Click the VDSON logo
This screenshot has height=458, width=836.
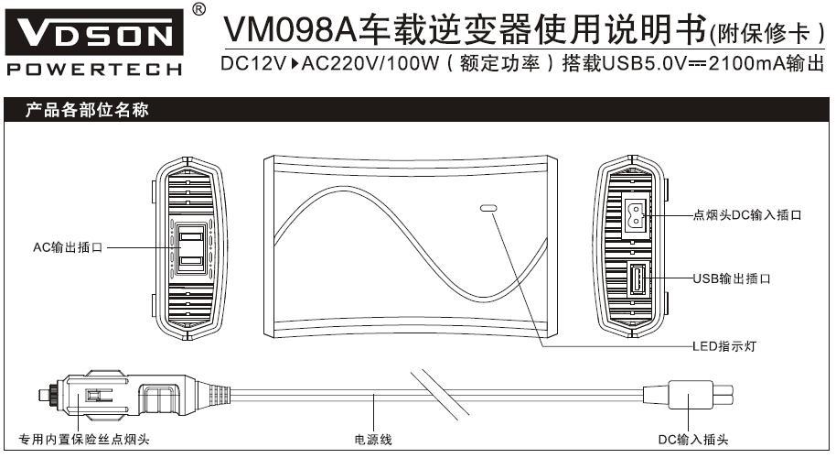[x=95, y=36]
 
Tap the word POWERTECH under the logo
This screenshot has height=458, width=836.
[x=95, y=70]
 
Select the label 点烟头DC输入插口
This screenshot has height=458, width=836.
[x=746, y=215]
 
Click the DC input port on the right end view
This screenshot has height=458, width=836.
[x=633, y=215]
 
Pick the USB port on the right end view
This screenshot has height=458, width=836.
[x=637, y=278]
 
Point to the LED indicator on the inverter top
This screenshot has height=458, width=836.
[x=488, y=209]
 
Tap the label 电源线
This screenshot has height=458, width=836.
[x=373, y=441]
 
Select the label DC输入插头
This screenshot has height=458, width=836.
[x=693, y=441]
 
